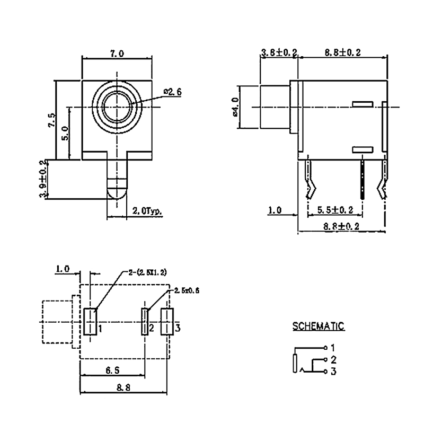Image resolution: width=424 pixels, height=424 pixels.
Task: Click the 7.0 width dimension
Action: (x=117, y=54)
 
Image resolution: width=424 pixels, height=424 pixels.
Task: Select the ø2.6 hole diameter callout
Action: (x=173, y=92)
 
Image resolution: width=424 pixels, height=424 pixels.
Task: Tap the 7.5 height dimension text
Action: (x=51, y=120)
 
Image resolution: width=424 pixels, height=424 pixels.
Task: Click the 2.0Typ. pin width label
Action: (x=146, y=210)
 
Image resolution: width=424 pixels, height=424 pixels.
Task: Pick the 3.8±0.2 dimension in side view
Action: (x=279, y=53)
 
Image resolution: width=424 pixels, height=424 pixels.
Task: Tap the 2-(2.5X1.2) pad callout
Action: (x=148, y=272)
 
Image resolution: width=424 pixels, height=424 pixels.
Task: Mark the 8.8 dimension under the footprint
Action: (x=125, y=387)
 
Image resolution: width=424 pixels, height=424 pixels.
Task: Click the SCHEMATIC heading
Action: (x=319, y=326)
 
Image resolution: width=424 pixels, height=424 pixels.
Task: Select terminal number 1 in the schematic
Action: (x=332, y=348)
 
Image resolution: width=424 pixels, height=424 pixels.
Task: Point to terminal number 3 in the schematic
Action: (x=333, y=372)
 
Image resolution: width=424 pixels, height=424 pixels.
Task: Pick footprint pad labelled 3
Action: (x=167, y=321)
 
